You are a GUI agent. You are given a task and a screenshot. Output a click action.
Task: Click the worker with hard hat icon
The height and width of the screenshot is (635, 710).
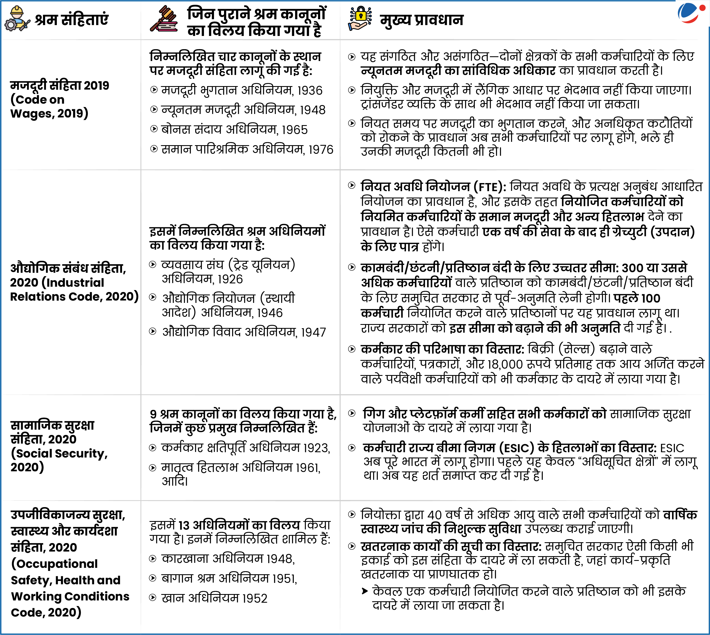point(17,19)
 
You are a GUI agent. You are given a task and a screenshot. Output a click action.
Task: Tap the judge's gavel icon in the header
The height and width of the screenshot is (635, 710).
point(164,19)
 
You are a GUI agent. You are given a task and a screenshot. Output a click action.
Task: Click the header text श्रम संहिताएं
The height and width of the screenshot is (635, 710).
point(72,20)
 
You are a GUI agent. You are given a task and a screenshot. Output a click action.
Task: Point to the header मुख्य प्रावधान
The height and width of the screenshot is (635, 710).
point(422,20)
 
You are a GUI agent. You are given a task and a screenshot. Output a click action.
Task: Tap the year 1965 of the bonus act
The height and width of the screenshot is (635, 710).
point(295,130)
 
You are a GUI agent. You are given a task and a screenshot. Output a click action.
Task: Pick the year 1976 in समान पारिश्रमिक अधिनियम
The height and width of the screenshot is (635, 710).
point(321,150)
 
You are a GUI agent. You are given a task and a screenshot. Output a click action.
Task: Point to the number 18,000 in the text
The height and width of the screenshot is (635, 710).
point(505,364)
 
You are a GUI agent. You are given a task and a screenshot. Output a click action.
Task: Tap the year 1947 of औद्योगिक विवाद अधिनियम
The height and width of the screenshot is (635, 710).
point(313,332)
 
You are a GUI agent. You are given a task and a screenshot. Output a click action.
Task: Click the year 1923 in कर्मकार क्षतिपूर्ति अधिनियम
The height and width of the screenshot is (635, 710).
point(316,448)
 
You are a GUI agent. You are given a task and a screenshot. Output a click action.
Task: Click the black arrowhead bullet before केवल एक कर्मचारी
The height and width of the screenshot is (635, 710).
point(364,591)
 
